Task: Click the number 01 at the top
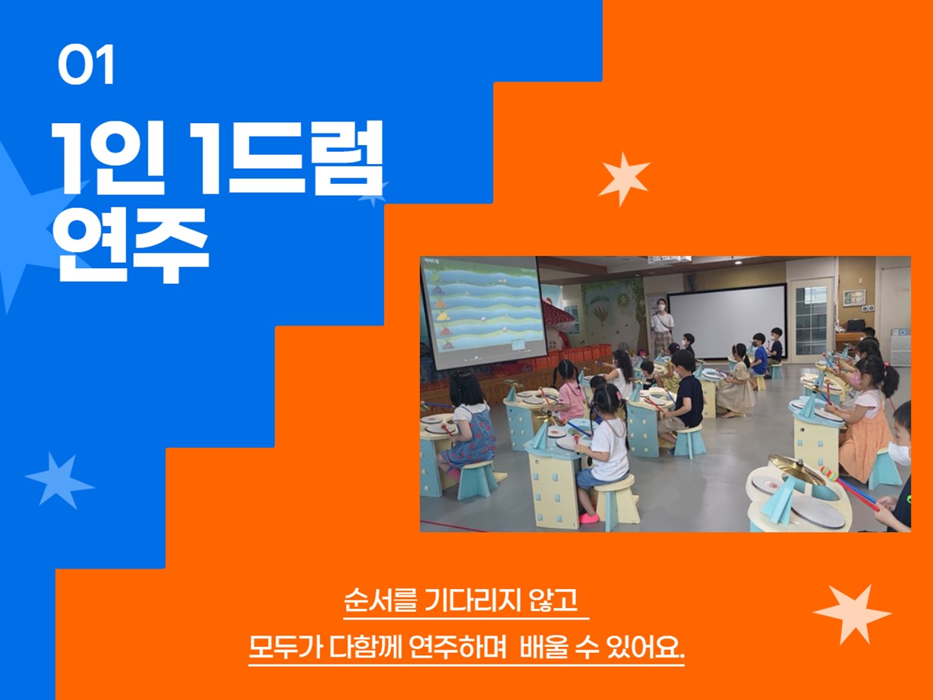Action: click(86, 65)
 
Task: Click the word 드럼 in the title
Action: click(306, 158)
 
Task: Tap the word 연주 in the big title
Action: click(131, 246)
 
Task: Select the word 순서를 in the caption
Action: click(380, 600)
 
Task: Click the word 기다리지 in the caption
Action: click(473, 600)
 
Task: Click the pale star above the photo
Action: click(624, 179)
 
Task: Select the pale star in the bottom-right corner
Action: click(852, 614)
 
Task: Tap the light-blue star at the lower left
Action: click(59, 481)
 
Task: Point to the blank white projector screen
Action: click(727, 321)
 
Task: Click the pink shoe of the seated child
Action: click(588, 518)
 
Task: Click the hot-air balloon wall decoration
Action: click(599, 310)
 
